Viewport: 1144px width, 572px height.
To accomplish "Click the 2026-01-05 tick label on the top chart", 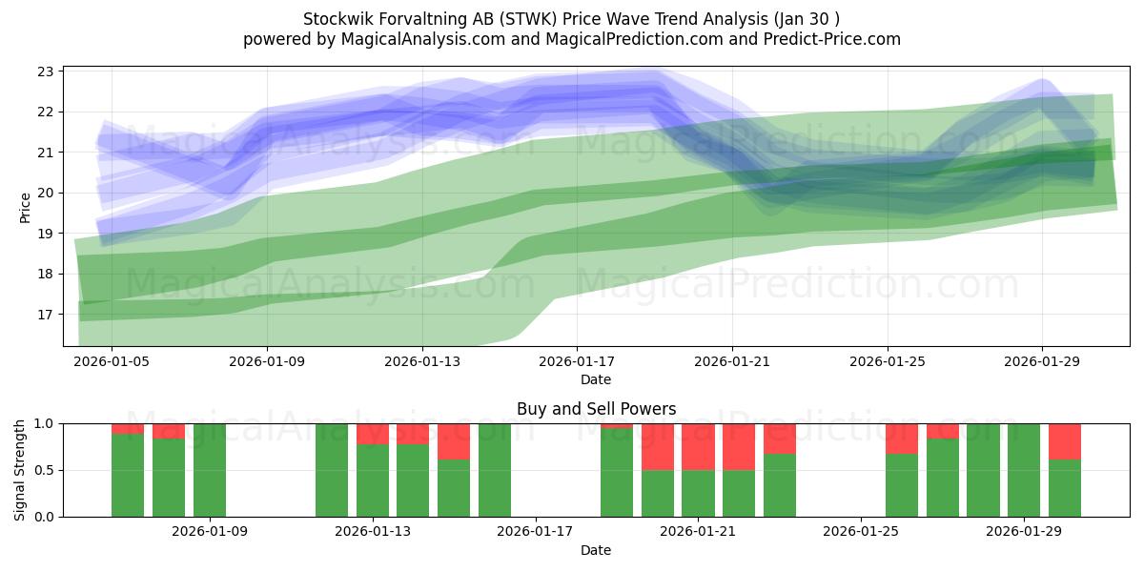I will coord(112,362).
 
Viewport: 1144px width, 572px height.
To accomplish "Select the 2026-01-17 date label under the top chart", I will coord(577,362).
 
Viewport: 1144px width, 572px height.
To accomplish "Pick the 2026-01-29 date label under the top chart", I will coord(1042,362).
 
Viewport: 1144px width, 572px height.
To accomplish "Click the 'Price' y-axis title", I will coord(25,206).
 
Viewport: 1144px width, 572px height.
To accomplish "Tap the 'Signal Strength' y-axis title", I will coord(20,470).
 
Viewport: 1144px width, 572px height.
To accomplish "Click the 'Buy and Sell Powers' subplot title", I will coord(596,409).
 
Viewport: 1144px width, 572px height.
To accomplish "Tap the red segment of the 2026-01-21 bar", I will coord(698,446).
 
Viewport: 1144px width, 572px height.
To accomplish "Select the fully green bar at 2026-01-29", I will coord(1024,470).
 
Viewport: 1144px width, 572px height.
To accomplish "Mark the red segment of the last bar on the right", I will coord(1065,441).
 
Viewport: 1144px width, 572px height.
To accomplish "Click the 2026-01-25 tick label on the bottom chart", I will coord(861,532).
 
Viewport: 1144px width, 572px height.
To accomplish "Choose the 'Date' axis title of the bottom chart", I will coord(596,550).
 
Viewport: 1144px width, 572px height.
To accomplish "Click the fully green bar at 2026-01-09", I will coord(210,470).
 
